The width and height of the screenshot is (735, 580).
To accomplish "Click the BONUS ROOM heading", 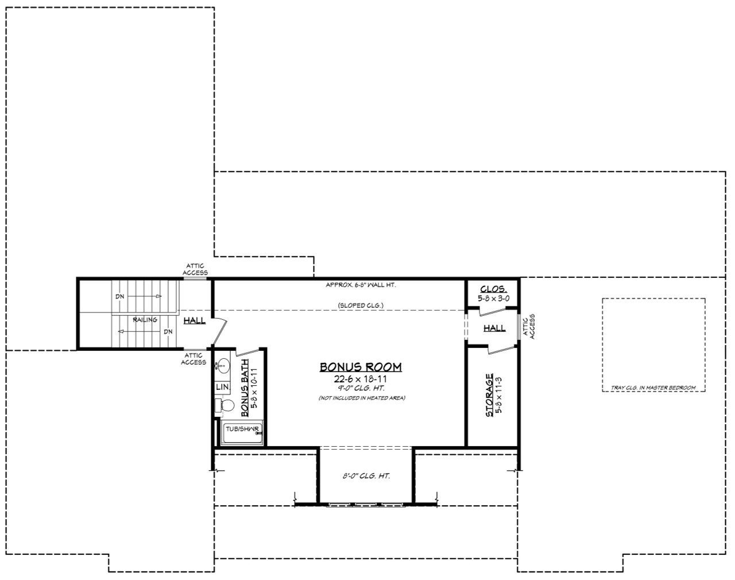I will tap(361, 367).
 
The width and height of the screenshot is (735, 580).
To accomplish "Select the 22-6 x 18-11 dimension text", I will tap(361, 379).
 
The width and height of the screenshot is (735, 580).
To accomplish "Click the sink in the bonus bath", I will tap(222, 366).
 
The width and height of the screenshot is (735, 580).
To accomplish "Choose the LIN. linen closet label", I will tap(222, 388).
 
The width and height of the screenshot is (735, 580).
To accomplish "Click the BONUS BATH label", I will tap(245, 388).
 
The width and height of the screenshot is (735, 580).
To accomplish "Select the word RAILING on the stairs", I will tap(145, 320).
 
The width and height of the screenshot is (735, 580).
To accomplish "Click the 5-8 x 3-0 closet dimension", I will tap(493, 299).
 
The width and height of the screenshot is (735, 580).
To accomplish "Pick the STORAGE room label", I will tap(489, 395).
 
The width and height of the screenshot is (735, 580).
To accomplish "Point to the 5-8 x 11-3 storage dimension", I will tap(499, 395).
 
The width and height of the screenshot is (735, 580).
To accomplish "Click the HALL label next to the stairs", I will tap(195, 320).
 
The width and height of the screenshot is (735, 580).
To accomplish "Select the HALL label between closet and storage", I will tap(494, 328).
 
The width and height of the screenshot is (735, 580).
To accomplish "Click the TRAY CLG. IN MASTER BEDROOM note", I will tap(653, 388).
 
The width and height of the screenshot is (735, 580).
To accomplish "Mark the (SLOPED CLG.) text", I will tap(361, 305).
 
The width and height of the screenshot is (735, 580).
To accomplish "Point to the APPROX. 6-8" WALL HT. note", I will tap(361, 284).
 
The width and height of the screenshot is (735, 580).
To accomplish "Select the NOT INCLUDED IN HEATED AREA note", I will tap(362, 398).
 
